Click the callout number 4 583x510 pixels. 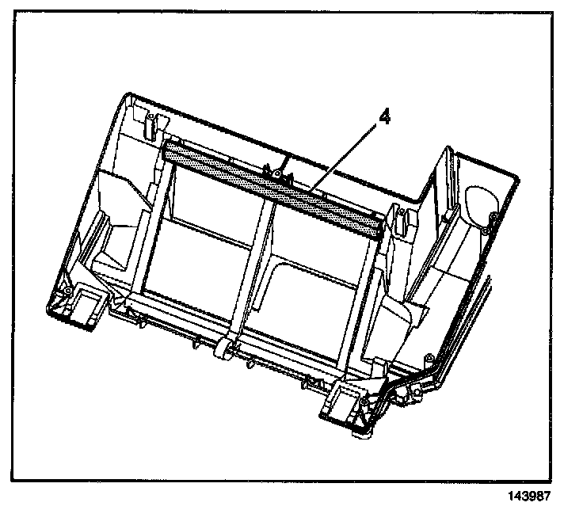click(x=385, y=117)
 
